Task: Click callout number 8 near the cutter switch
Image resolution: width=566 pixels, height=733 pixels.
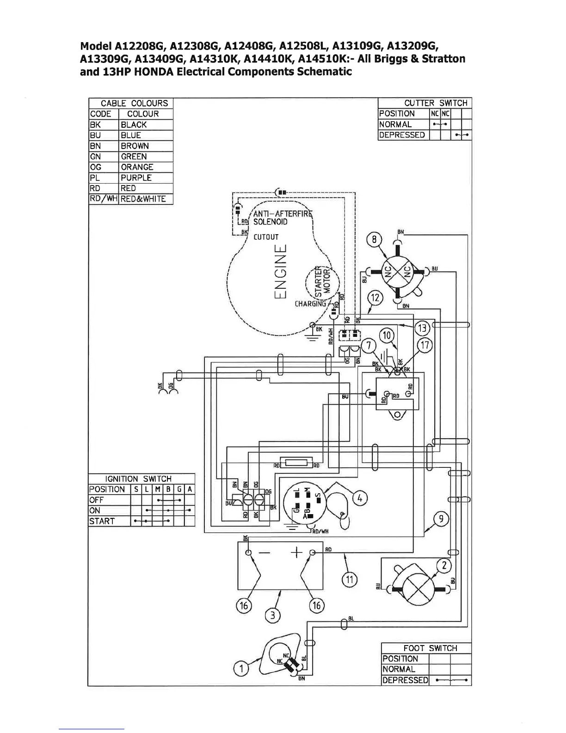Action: (374, 240)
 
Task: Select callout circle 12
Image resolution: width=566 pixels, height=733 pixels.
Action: (375, 298)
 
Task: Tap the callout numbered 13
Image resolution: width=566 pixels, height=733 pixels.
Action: (423, 328)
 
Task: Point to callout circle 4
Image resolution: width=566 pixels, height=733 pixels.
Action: (360, 498)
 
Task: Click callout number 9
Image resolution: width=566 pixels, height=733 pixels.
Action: (441, 519)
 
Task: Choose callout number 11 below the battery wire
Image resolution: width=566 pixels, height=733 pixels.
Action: (350, 578)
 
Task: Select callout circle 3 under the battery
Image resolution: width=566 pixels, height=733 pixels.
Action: (273, 615)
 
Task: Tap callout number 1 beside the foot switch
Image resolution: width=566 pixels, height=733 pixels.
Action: (240, 668)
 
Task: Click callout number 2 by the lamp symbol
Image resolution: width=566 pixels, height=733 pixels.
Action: (444, 565)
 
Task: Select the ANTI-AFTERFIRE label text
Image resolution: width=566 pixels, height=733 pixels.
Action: (283, 213)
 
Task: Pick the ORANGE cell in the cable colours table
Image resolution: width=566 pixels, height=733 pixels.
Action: (137, 167)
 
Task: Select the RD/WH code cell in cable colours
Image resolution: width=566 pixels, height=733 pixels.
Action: (104, 199)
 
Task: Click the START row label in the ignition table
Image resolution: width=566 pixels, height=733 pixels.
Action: (102, 521)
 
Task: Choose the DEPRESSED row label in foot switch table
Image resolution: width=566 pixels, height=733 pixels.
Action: (405, 680)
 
